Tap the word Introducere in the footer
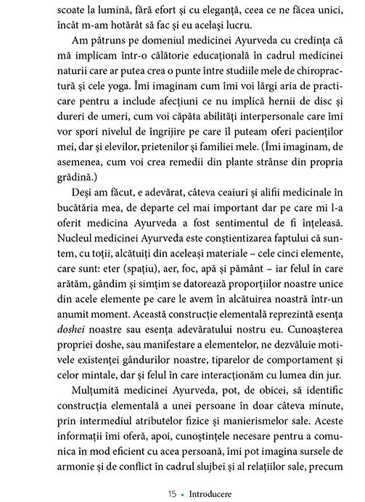(207, 493)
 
